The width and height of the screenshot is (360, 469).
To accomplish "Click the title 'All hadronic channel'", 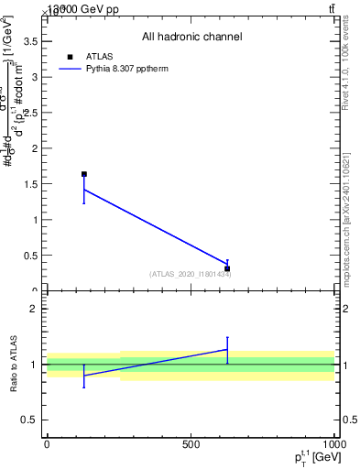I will (191, 37).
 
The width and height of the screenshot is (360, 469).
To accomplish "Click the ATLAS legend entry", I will (99, 55).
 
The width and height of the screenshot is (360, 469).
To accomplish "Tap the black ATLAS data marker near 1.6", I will (84, 174).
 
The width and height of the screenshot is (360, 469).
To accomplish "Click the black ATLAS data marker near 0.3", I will (227, 269).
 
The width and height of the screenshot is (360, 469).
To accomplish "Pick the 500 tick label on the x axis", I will (191, 444).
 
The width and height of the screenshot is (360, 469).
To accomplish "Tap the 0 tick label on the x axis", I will (47, 444).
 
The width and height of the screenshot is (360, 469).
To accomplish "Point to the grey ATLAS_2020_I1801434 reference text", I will (190, 274).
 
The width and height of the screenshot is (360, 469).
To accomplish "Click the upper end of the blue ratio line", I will (227, 349).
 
